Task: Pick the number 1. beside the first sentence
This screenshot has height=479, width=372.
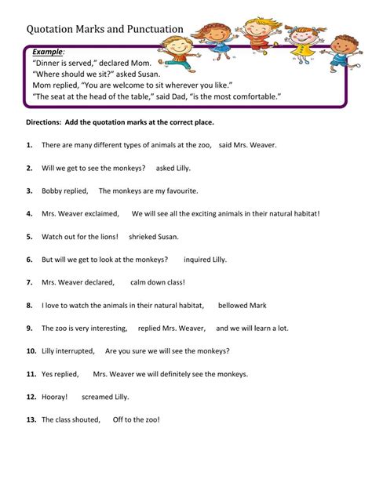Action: (29, 145)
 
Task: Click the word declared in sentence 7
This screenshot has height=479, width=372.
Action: (97, 282)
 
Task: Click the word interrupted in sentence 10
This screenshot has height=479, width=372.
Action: (76, 350)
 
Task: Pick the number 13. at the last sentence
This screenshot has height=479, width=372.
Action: (31, 419)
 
